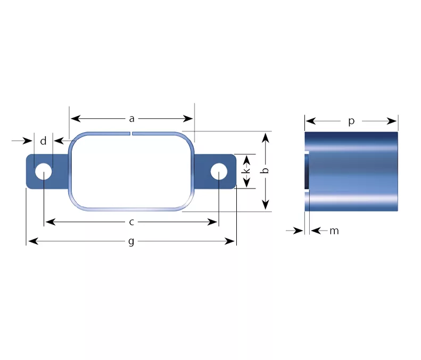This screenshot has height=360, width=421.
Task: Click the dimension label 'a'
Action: [131, 118]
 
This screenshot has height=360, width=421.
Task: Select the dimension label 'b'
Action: [265, 170]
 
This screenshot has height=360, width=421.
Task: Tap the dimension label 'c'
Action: [131, 222]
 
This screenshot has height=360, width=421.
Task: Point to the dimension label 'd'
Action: [43, 141]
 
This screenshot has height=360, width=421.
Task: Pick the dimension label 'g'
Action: [131, 242]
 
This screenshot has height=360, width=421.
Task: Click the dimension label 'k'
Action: [246, 170]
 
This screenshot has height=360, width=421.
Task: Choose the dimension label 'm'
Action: [334, 231]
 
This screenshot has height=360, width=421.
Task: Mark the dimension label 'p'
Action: [351, 121]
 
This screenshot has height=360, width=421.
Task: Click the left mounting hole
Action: [43, 171]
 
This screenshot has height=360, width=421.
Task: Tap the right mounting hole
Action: [219, 171]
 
